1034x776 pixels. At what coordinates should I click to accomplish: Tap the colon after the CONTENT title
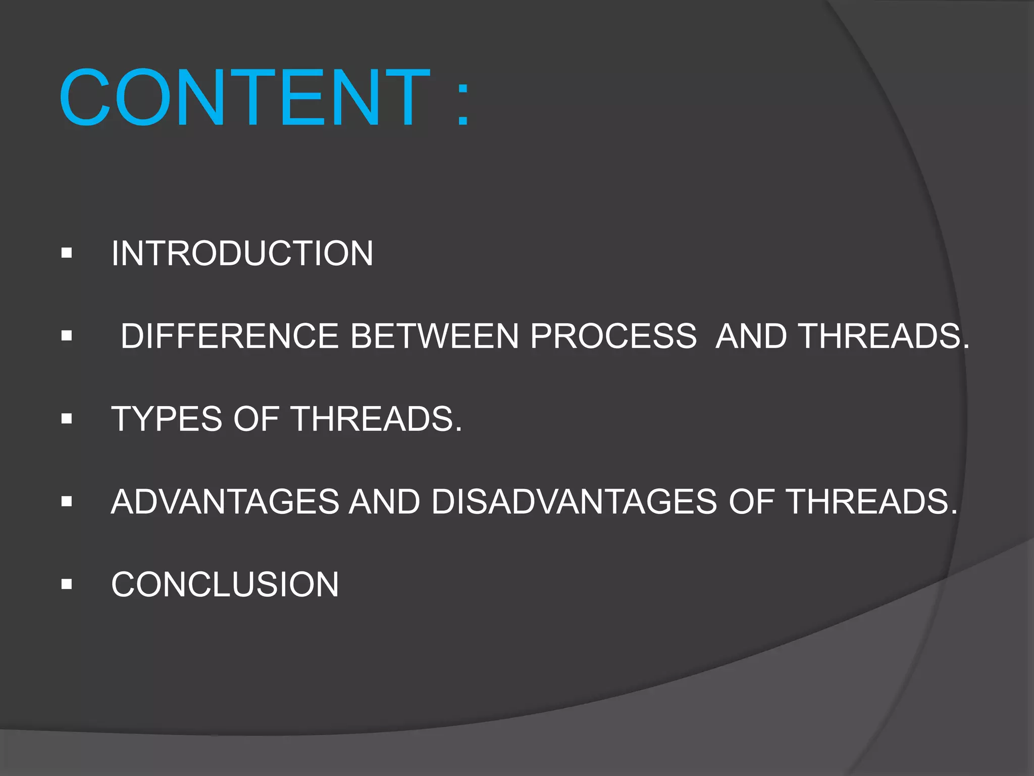pos(463,104)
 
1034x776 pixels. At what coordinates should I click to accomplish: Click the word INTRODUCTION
pos(242,253)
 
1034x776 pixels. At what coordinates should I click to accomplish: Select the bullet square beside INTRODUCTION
pos(67,253)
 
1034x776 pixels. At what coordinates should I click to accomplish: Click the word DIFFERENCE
pos(230,336)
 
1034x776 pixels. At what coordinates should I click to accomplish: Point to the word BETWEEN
pos(434,336)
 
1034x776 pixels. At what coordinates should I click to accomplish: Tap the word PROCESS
pos(613,336)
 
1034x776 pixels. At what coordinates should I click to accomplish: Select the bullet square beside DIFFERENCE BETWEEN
pos(67,335)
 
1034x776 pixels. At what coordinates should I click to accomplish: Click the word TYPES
pos(166,419)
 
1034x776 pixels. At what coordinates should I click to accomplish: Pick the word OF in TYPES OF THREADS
pos(256,419)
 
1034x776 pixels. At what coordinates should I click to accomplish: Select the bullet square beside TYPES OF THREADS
pos(67,418)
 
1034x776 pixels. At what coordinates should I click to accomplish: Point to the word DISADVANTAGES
pos(574,502)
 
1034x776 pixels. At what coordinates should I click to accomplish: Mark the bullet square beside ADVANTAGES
pos(67,501)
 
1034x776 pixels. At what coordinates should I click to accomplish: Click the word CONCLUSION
pos(225,585)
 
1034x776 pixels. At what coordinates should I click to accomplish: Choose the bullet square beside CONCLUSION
pos(67,584)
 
